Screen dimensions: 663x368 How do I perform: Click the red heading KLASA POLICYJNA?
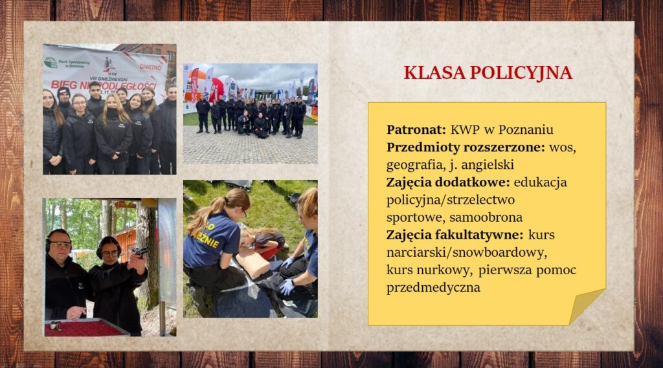tap(488, 72)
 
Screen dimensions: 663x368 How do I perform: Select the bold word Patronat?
tap(416, 129)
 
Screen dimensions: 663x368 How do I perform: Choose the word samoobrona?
tap(486, 217)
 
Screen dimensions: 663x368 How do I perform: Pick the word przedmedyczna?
tap(433, 288)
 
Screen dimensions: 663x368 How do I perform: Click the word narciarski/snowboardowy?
tap(467, 253)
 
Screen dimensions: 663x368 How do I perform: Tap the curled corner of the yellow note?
tap(589, 305)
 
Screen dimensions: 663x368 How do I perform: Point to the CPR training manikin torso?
tap(253, 261)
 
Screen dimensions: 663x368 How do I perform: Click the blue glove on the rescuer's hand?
tap(287, 287)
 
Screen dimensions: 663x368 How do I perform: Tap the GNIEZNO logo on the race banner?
tap(150, 67)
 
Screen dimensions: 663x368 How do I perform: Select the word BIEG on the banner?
tap(64, 85)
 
